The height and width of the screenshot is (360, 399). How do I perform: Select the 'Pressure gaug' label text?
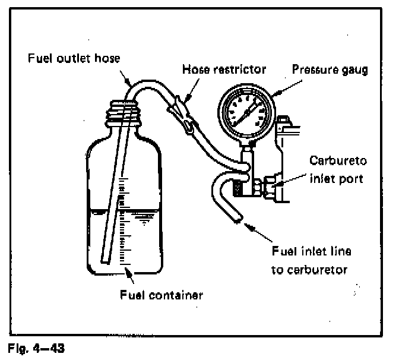coord(330,69)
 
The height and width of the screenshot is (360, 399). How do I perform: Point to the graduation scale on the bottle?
coord(124,220)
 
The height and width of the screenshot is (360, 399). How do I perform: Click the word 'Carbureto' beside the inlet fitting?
coord(337,160)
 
